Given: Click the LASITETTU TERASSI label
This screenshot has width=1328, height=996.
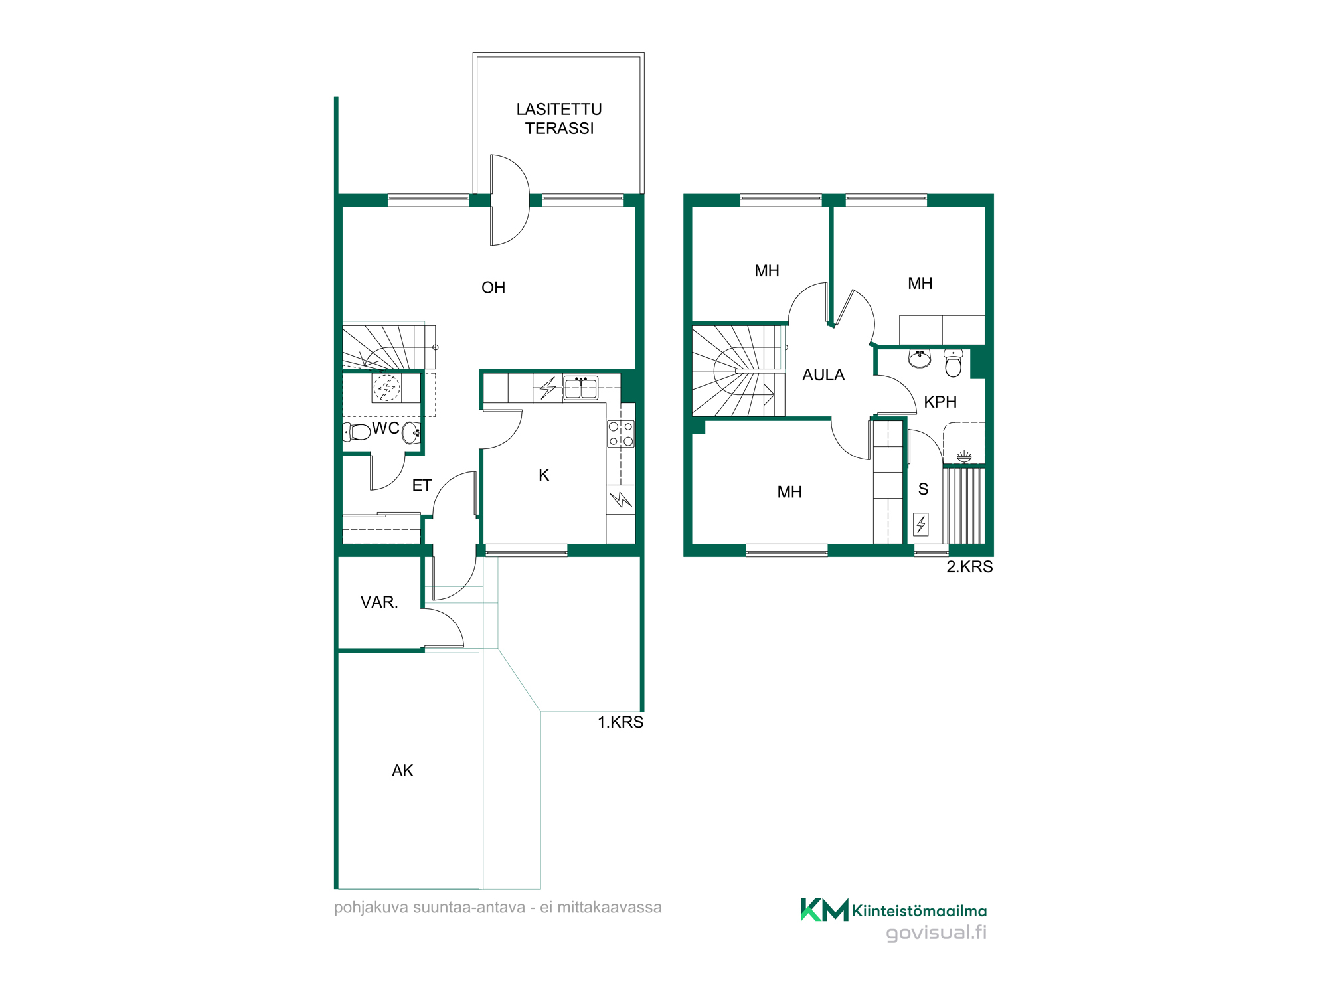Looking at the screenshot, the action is coord(559,119).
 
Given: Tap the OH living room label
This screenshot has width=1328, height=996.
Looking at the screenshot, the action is coord(493,288).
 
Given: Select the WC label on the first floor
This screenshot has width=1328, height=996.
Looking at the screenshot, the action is coord(386,428).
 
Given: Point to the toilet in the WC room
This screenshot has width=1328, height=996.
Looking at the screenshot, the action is coord(357,432).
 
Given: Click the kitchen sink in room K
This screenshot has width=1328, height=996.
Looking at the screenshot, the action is coord(580,387).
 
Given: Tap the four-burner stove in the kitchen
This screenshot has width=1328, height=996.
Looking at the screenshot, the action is coord(621,434).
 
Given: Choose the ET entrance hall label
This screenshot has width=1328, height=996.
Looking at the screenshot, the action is coord(422,485).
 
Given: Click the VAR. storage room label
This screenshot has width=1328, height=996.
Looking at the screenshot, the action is coord(379,602).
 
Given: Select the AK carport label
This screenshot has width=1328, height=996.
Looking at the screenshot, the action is coord(402,770).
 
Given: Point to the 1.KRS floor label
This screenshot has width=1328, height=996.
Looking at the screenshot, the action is coord(620,722).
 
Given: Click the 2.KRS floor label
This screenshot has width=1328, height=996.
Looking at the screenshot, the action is coord(969,567).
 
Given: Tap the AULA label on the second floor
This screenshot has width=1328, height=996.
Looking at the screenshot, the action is coord(823,375).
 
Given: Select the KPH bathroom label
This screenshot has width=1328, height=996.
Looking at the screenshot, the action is coord(940,402).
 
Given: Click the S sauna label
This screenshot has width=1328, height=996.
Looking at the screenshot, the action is coord(923,489).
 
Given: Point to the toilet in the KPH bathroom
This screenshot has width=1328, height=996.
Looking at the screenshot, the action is coord(953,363).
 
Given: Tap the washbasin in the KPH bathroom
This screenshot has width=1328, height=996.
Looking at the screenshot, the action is coord(920,359).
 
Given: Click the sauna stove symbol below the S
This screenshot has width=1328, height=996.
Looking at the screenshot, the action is coord(921,525).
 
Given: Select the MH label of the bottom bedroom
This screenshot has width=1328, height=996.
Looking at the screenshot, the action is coord(789,492).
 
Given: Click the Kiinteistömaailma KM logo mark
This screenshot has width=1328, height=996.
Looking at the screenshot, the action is coord(825,910).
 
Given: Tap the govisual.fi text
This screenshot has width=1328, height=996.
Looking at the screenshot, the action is coord(936,933).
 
